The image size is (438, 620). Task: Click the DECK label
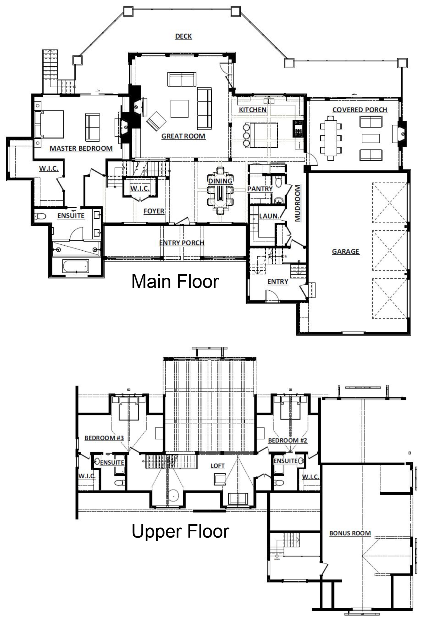183,36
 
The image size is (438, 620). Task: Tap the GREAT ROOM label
183,136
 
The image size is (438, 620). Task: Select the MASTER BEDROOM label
81,148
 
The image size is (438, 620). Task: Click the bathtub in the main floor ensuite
76,266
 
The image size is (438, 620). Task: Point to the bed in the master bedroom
49,124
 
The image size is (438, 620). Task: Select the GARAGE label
345,251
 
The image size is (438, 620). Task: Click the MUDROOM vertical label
298,203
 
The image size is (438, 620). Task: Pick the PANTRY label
260,189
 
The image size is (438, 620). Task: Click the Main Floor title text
175,281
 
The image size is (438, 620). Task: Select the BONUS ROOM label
350,533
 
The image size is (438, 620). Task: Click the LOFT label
217,466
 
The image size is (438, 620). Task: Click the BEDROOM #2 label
288,440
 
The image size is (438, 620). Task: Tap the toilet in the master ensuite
41,216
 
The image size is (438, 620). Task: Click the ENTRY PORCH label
182,243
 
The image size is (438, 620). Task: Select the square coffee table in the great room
179,109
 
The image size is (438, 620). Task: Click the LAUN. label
269,216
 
